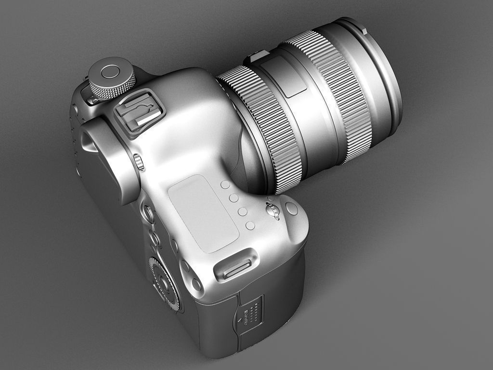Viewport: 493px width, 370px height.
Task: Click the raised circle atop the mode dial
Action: click(111, 72)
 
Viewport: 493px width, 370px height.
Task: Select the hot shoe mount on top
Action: click(139, 113)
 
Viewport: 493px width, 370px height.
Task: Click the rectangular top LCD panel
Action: click(203, 213)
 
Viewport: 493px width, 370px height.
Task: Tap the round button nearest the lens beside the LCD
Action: click(225, 185)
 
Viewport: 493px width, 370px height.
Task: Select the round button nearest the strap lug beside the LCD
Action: click(250, 225)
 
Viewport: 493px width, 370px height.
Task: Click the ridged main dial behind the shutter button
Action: click(272, 211)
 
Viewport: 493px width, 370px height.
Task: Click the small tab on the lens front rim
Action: click(364, 30)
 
